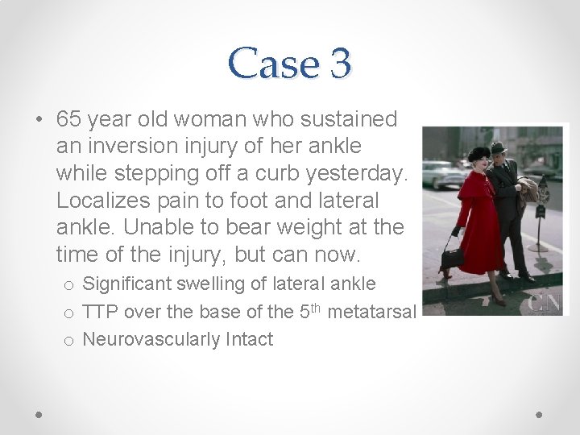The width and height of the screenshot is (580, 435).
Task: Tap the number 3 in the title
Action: (339, 62)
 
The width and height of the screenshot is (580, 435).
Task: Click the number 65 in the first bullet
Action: (70, 120)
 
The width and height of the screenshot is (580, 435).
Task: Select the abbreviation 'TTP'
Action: (100, 311)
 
